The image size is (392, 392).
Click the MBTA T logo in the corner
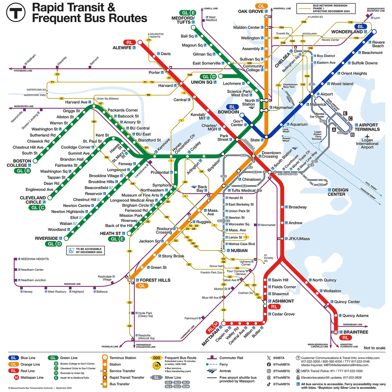coord(16,12)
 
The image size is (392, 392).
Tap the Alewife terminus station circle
coord(140,42)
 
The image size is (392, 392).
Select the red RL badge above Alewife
coord(129,43)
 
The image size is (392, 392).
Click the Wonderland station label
coord(347,32)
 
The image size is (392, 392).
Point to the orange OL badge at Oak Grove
coord(261,6)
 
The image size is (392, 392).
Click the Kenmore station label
coord(164,145)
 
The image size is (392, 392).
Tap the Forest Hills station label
coord(155,280)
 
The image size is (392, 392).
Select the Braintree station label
coord(356,332)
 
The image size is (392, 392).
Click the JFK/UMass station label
coord(299,239)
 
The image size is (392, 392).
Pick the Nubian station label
coord(239,251)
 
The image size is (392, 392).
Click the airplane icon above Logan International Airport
coord(367,136)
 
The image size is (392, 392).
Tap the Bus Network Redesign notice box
coord(326,8)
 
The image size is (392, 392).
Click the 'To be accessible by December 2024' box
coord(86,250)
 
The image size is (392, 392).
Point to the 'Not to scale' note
coord(374,348)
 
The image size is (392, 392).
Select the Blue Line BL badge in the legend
coord(14,358)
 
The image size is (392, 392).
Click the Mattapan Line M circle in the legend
coord(16,377)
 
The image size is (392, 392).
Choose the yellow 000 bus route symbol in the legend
coord(157,358)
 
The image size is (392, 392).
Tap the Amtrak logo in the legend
coord(212,371)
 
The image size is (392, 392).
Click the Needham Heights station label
coord(35,259)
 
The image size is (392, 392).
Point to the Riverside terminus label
coord(46,238)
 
